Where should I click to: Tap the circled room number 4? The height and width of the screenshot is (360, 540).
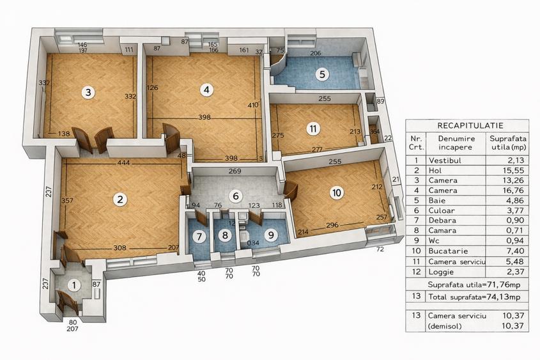[206, 90]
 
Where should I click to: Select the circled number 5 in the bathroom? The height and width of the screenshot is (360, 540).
[323, 74]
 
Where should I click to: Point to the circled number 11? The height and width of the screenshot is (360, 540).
[313, 129]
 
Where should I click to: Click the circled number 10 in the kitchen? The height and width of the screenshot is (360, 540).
[337, 192]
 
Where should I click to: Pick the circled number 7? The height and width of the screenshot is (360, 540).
[199, 236]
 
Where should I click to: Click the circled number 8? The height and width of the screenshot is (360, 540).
[224, 235]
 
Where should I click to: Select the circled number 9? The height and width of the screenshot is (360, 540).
[271, 235]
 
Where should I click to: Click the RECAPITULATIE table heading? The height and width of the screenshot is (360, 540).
[470, 125]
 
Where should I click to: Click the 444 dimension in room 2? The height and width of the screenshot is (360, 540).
[124, 163]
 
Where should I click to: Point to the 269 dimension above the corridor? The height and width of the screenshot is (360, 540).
[235, 171]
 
